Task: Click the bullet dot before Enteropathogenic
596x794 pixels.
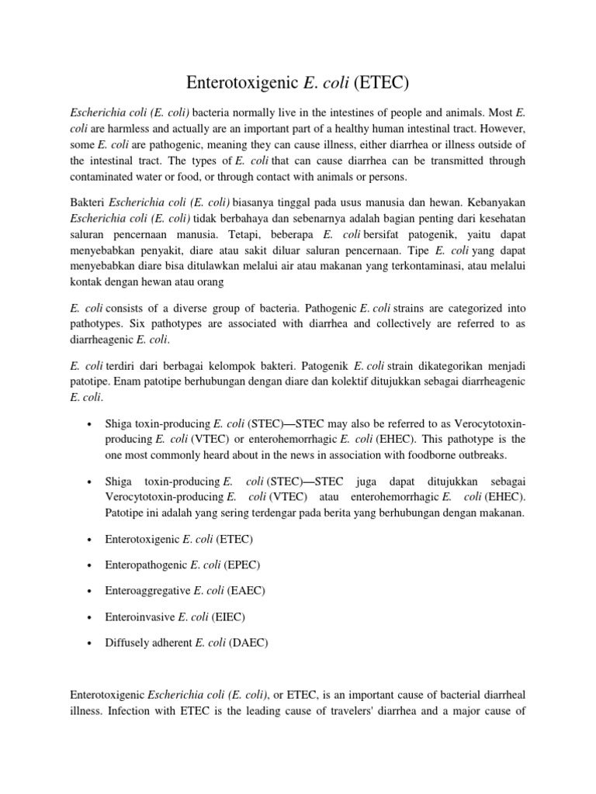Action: [91, 564]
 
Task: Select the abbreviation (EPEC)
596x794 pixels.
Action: [234, 564]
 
